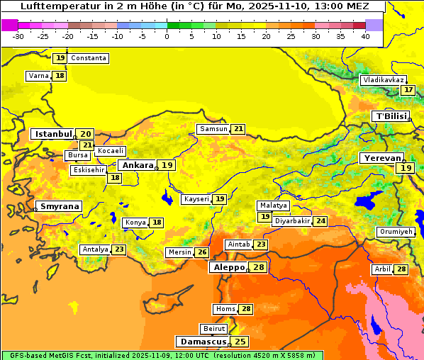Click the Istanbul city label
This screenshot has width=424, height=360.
54,134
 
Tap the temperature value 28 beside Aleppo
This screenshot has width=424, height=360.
258,267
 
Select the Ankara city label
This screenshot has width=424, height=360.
138,165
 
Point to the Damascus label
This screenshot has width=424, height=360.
203,342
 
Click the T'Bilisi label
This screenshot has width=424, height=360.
391,116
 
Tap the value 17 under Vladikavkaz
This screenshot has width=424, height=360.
408,90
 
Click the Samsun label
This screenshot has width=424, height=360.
213,129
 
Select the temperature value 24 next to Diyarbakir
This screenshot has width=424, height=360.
321,221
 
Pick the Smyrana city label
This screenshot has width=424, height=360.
59,206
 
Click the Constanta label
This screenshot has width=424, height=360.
89,58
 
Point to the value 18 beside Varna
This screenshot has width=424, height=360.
60,76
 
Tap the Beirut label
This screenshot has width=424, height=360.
214,329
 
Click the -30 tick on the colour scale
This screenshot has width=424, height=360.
18,36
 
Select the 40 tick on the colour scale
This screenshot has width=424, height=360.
365,36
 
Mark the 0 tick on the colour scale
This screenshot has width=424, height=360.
167,36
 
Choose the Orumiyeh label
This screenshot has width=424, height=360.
395,232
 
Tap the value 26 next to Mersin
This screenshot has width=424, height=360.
202,252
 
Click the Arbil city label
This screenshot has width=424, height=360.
381,269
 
